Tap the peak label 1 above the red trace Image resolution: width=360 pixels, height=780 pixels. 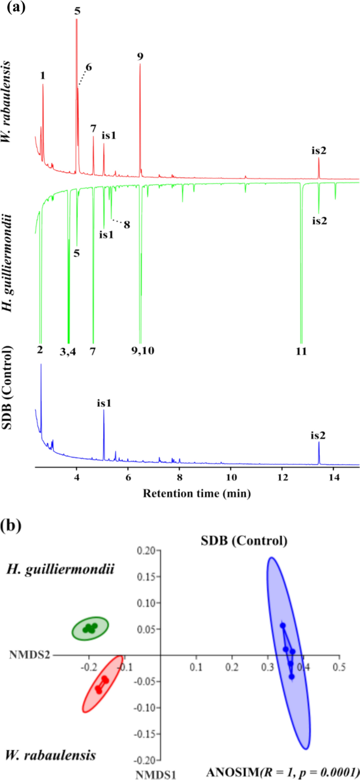pos(43,76)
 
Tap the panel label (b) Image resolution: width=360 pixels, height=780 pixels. pos(16,526)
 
